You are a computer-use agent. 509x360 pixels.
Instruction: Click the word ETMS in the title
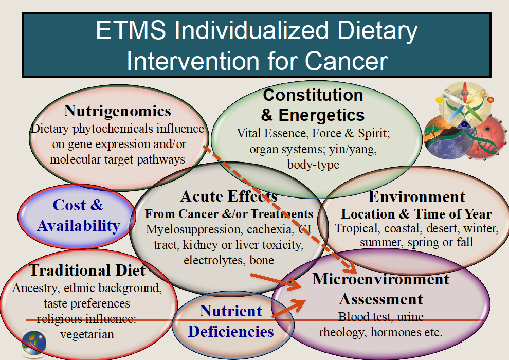click(x=130, y=31)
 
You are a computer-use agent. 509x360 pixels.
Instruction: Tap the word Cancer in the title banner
click(x=346, y=61)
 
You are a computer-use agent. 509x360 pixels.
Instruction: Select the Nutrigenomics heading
click(x=117, y=111)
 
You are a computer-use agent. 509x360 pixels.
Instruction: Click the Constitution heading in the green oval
click(x=313, y=95)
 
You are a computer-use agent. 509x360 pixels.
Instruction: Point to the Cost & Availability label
click(x=78, y=215)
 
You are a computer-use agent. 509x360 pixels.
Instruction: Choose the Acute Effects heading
click(x=229, y=196)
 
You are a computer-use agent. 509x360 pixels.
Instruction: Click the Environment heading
click(x=417, y=196)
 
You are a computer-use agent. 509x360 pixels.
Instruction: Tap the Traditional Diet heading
click(x=87, y=270)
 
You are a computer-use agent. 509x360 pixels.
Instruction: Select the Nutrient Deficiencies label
click(x=231, y=321)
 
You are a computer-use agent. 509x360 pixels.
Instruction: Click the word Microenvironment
click(x=381, y=279)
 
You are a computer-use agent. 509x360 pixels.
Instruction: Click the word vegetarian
click(x=87, y=334)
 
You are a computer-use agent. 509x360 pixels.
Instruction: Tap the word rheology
click(x=341, y=332)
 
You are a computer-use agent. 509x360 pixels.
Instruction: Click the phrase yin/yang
click(x=358, y=150)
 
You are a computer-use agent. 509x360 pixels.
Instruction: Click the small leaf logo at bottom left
click(x=33, y=342)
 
